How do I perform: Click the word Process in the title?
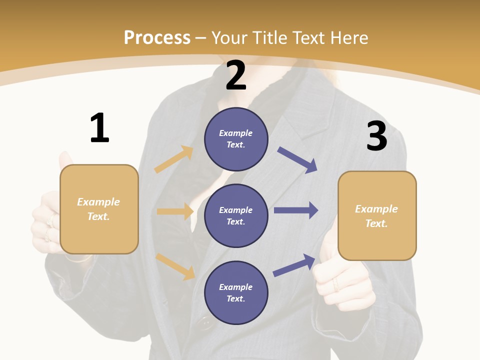point(157,37)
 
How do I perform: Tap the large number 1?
point(99,128)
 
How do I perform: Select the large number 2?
point(236,75)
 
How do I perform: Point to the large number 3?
point(376,136)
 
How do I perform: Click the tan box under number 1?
point(99,209)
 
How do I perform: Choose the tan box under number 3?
point(377,215)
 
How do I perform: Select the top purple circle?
point(236,139)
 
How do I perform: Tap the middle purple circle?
point(236,215)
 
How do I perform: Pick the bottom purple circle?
point(236,292)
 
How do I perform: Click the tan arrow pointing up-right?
point(174,159)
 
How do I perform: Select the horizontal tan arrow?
point(175,211)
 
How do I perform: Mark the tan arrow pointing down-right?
point(175,266)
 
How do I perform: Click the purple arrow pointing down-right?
point(297,160)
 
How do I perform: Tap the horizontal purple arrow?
point(296,210)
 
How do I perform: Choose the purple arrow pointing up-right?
point(294,265)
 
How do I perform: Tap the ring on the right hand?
point(336,285)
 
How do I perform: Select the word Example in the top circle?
point(236,133)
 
